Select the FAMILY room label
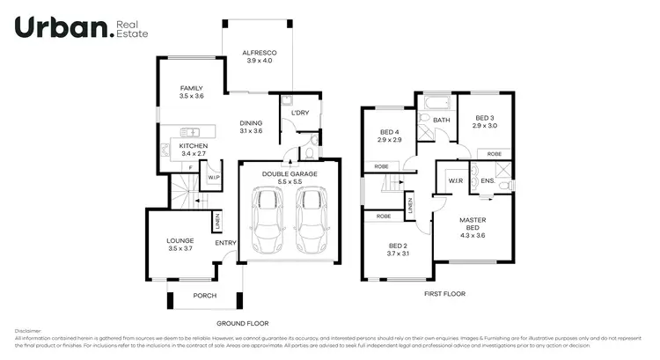(191, 89)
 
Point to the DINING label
(251, 123)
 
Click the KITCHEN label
(193, 146)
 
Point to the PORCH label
(204, 296)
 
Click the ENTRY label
(224, 243)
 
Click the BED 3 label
(486, 118)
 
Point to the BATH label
(441, 120)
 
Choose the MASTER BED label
(473, 224)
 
